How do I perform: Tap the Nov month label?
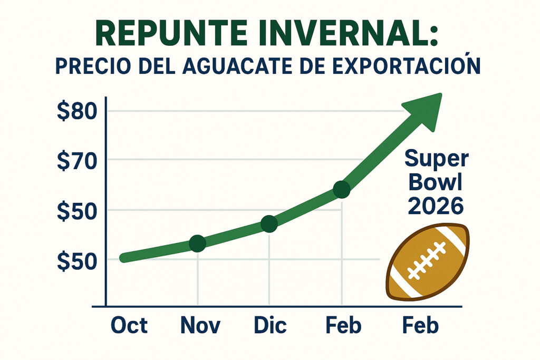click(200, 326)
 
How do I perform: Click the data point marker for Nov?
click(197, 244)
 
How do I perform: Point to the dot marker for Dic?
click(269, 225)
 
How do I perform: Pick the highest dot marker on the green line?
click(342, 190)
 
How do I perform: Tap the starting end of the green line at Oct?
click(124, 258)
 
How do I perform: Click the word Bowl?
click(436, 182)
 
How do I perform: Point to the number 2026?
click(436, 206)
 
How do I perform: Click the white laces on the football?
click(427, 261)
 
